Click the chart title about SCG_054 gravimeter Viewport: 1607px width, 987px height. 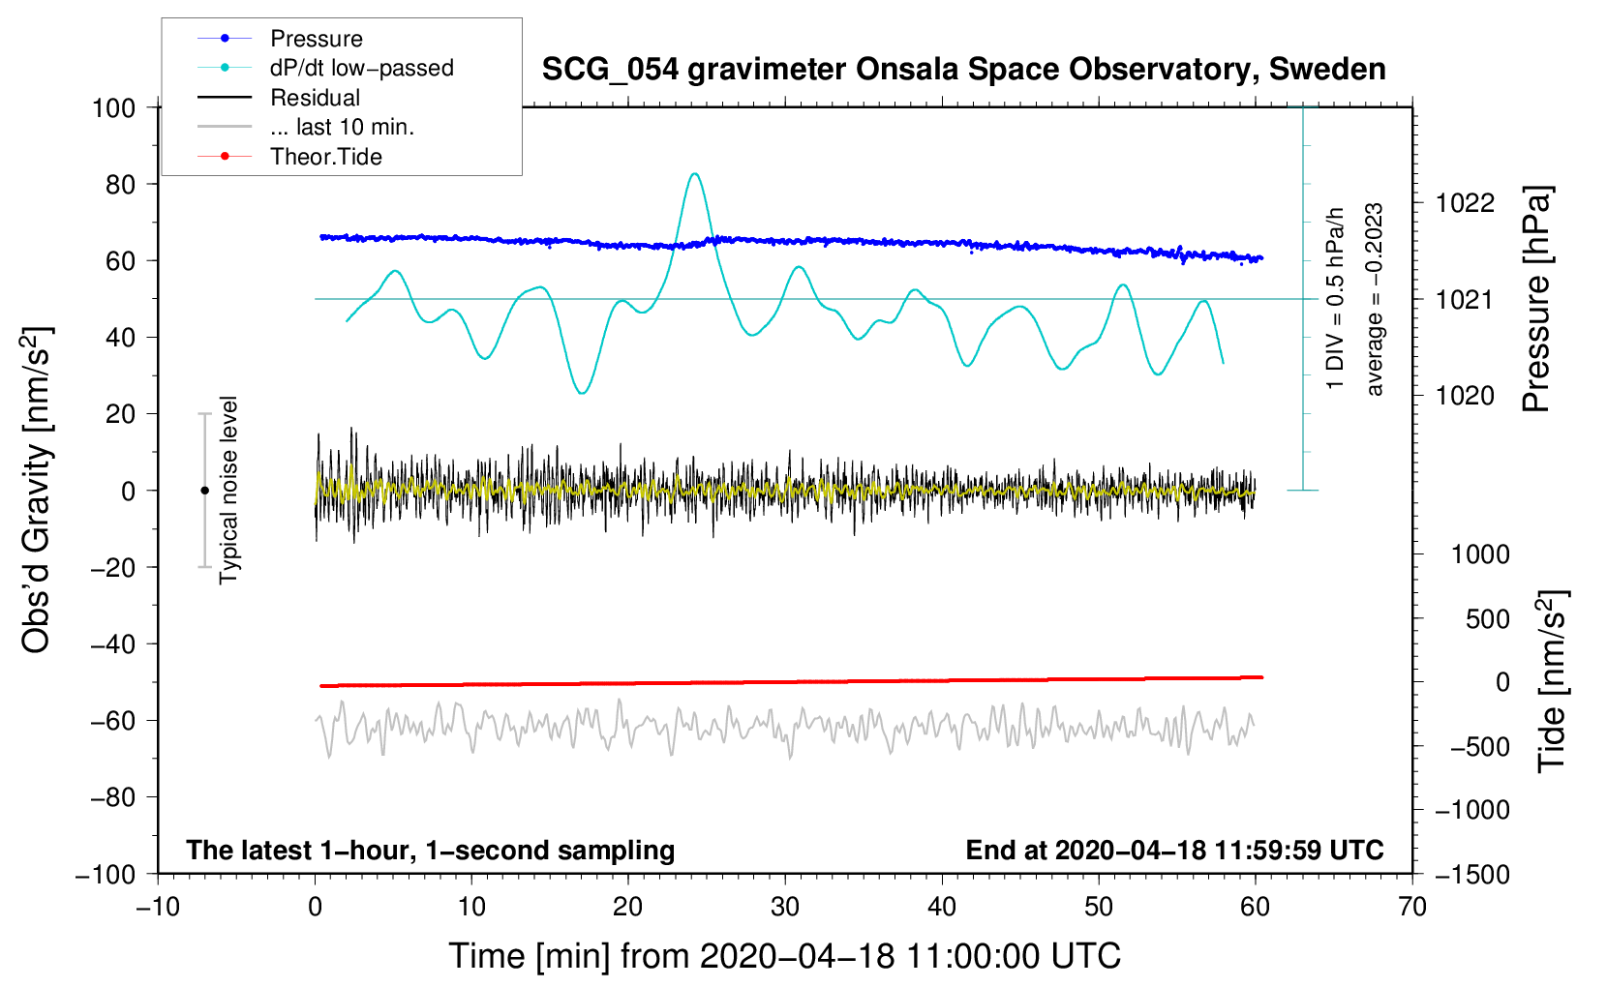point(963,70)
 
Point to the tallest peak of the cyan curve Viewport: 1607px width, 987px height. point(694,173)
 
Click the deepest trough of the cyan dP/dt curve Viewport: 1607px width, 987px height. point(583,392)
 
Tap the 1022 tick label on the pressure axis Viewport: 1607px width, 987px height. point(1465,204)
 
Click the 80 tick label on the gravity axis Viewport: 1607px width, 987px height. point(120,185)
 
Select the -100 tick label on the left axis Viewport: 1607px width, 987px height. point(106,875)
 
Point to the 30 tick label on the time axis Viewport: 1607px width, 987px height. point(785,908)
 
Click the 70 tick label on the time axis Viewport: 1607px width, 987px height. point(1411,908)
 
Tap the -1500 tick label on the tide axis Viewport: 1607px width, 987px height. point(1472,875)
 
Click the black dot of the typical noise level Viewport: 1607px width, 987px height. point(204,491)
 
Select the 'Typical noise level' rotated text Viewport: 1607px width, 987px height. point(228,491)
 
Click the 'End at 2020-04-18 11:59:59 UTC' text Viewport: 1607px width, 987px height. point(1174,850)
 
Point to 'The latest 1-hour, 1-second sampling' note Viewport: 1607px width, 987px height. point(431,850)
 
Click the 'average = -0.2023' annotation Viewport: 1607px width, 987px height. point(1374,299)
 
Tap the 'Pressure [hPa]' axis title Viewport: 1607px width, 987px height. point(1536,299)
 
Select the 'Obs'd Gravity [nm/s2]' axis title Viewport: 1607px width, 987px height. point(37,491)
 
